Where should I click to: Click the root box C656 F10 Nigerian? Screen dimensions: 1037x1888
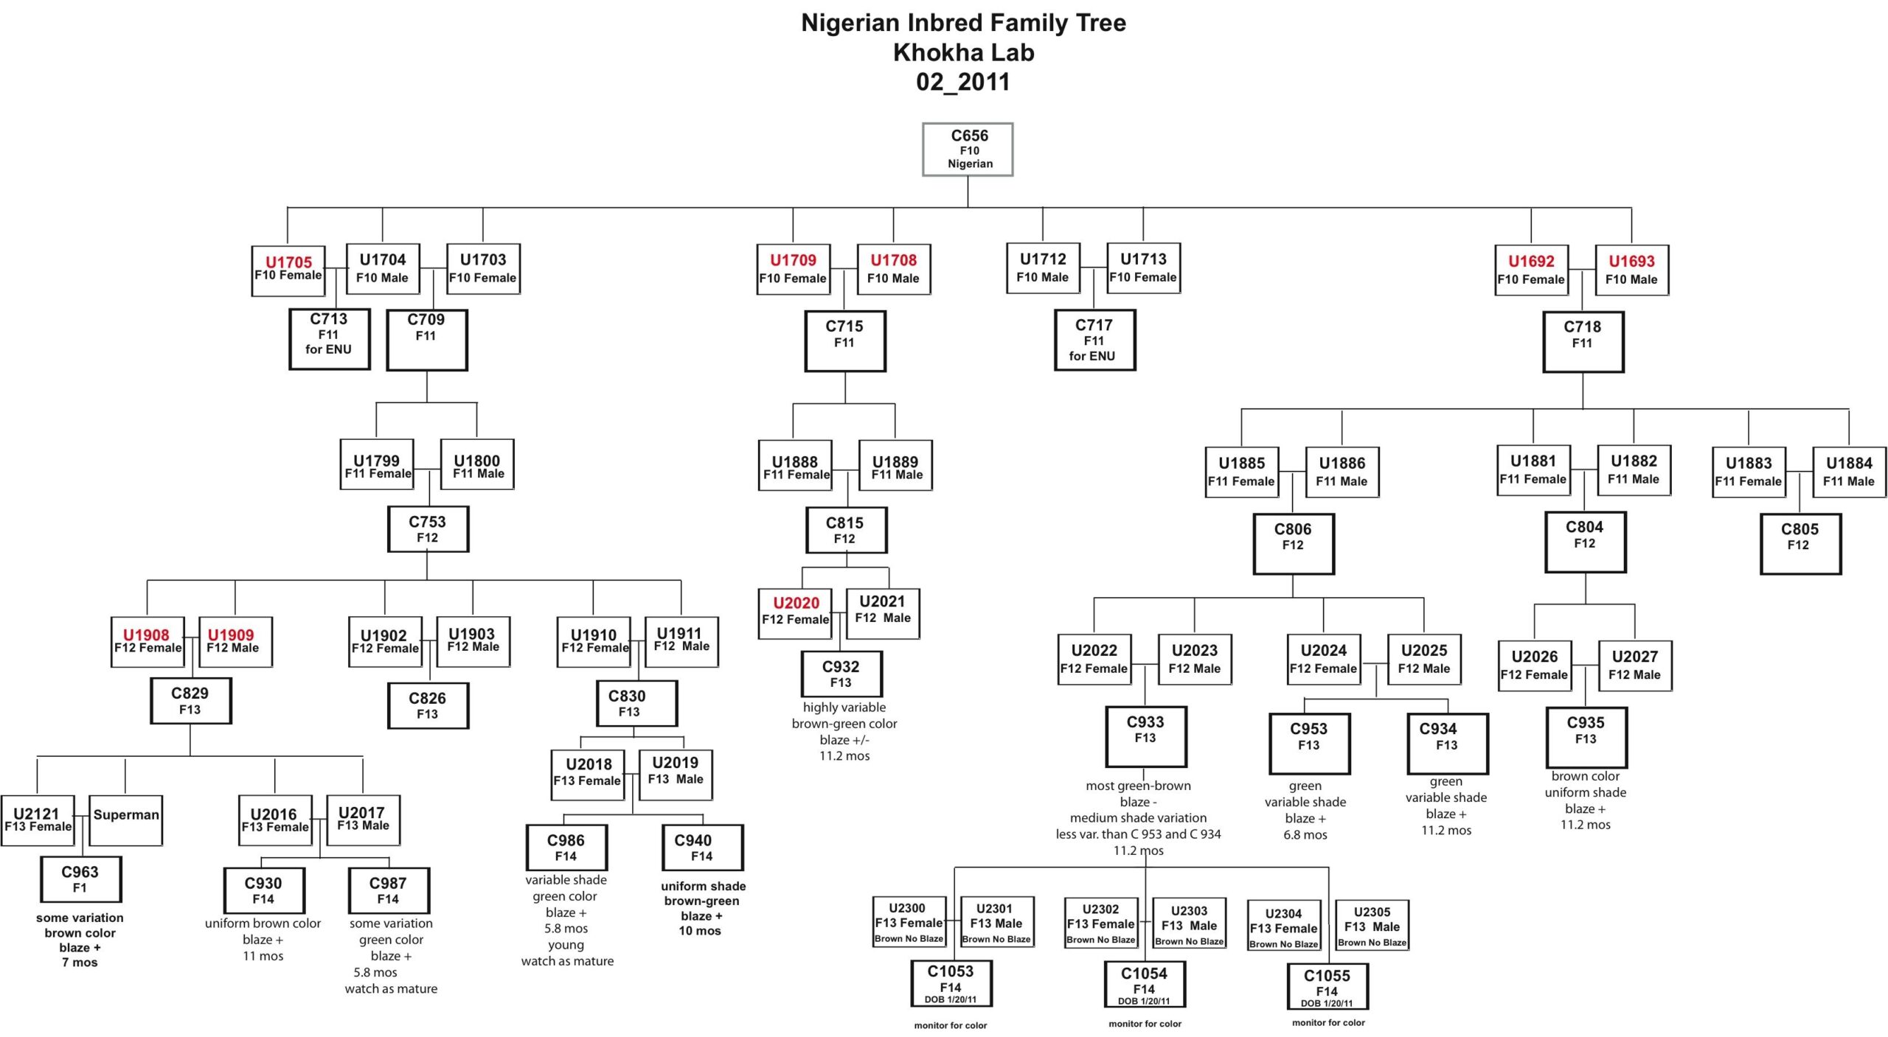click(x=968, y=150)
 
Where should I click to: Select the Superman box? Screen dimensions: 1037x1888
click(x=125, y=819)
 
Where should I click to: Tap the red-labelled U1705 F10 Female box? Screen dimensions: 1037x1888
click(x=288, y=270)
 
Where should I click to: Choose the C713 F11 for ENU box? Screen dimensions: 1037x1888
click(x=329, y=338)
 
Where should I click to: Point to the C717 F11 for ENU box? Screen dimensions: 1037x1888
click(x=1094, y=340)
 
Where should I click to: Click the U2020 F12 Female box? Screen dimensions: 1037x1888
click(x=795, y=613)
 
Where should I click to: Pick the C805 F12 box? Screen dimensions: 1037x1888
click(x=1799, y=544)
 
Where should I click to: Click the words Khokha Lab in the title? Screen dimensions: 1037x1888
click(x=963, y=52)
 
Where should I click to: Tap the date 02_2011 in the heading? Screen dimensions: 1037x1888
click(x=963, y=82)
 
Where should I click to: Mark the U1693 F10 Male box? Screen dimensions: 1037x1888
click(x=1631, y=270)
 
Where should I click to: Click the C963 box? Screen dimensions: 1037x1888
click(x=80, y=879)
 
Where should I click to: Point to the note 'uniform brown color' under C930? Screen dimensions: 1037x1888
click(x=263, y=923)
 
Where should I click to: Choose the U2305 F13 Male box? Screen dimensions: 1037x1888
click(x=1372, y=925)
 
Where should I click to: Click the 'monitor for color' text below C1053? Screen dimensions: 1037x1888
click(x=950, y=1025)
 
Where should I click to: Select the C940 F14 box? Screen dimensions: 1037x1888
click(x=701, y=847)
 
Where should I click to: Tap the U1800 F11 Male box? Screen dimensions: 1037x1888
click(x=477, y=464)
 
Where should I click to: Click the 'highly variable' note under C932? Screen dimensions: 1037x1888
click(x=844, y=708)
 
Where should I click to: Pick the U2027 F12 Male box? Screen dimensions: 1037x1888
click(x=1634, y=666)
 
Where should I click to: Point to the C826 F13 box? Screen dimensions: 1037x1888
click(x=428, y=705)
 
